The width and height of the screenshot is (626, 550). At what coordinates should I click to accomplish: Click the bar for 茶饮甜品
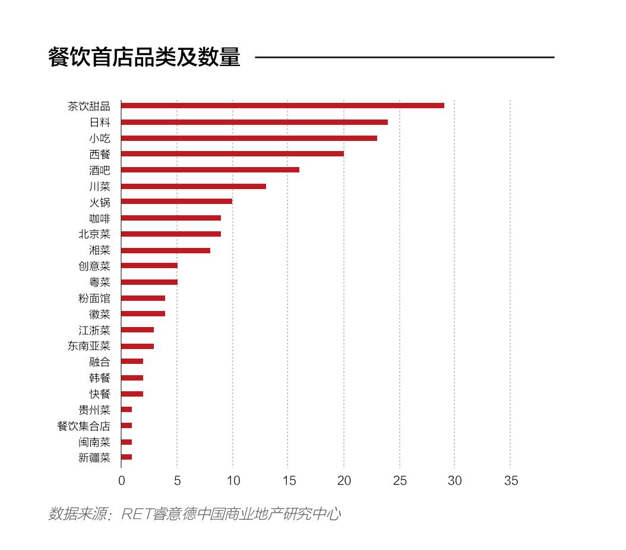(283, 106)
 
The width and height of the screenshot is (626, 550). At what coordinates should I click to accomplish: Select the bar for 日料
(254, 122)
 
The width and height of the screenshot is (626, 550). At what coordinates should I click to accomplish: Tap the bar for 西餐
(232, 154)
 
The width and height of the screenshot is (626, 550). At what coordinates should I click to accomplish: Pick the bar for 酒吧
(210, 170)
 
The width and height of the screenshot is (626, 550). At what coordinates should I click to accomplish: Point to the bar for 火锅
(176, 202)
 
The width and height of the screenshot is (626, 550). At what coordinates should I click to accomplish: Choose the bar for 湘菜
(166, 250)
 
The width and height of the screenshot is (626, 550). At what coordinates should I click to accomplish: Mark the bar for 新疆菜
(127, 457)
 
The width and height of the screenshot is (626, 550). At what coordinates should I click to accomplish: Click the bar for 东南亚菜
(137, 346)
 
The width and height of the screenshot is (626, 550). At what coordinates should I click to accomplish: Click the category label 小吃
(100, 139)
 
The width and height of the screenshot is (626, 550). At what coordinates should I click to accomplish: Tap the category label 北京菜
(94, 234)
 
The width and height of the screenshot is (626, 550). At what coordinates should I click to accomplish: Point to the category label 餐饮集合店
(84, 426)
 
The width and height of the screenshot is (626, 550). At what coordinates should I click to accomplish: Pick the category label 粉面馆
(94, 298)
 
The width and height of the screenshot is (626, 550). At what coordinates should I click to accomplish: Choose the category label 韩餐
(100, 378)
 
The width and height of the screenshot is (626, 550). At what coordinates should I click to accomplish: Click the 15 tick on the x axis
(288, 480)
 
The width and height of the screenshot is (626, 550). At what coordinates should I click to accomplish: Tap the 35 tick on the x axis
(511, 480)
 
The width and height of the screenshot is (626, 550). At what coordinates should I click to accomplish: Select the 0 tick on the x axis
(121, 480)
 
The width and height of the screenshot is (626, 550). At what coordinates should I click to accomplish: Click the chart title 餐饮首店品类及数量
(144, 57)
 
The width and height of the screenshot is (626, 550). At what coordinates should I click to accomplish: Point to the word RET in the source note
(136, 514)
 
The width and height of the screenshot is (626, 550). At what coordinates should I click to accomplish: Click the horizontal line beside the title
(404, 57)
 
